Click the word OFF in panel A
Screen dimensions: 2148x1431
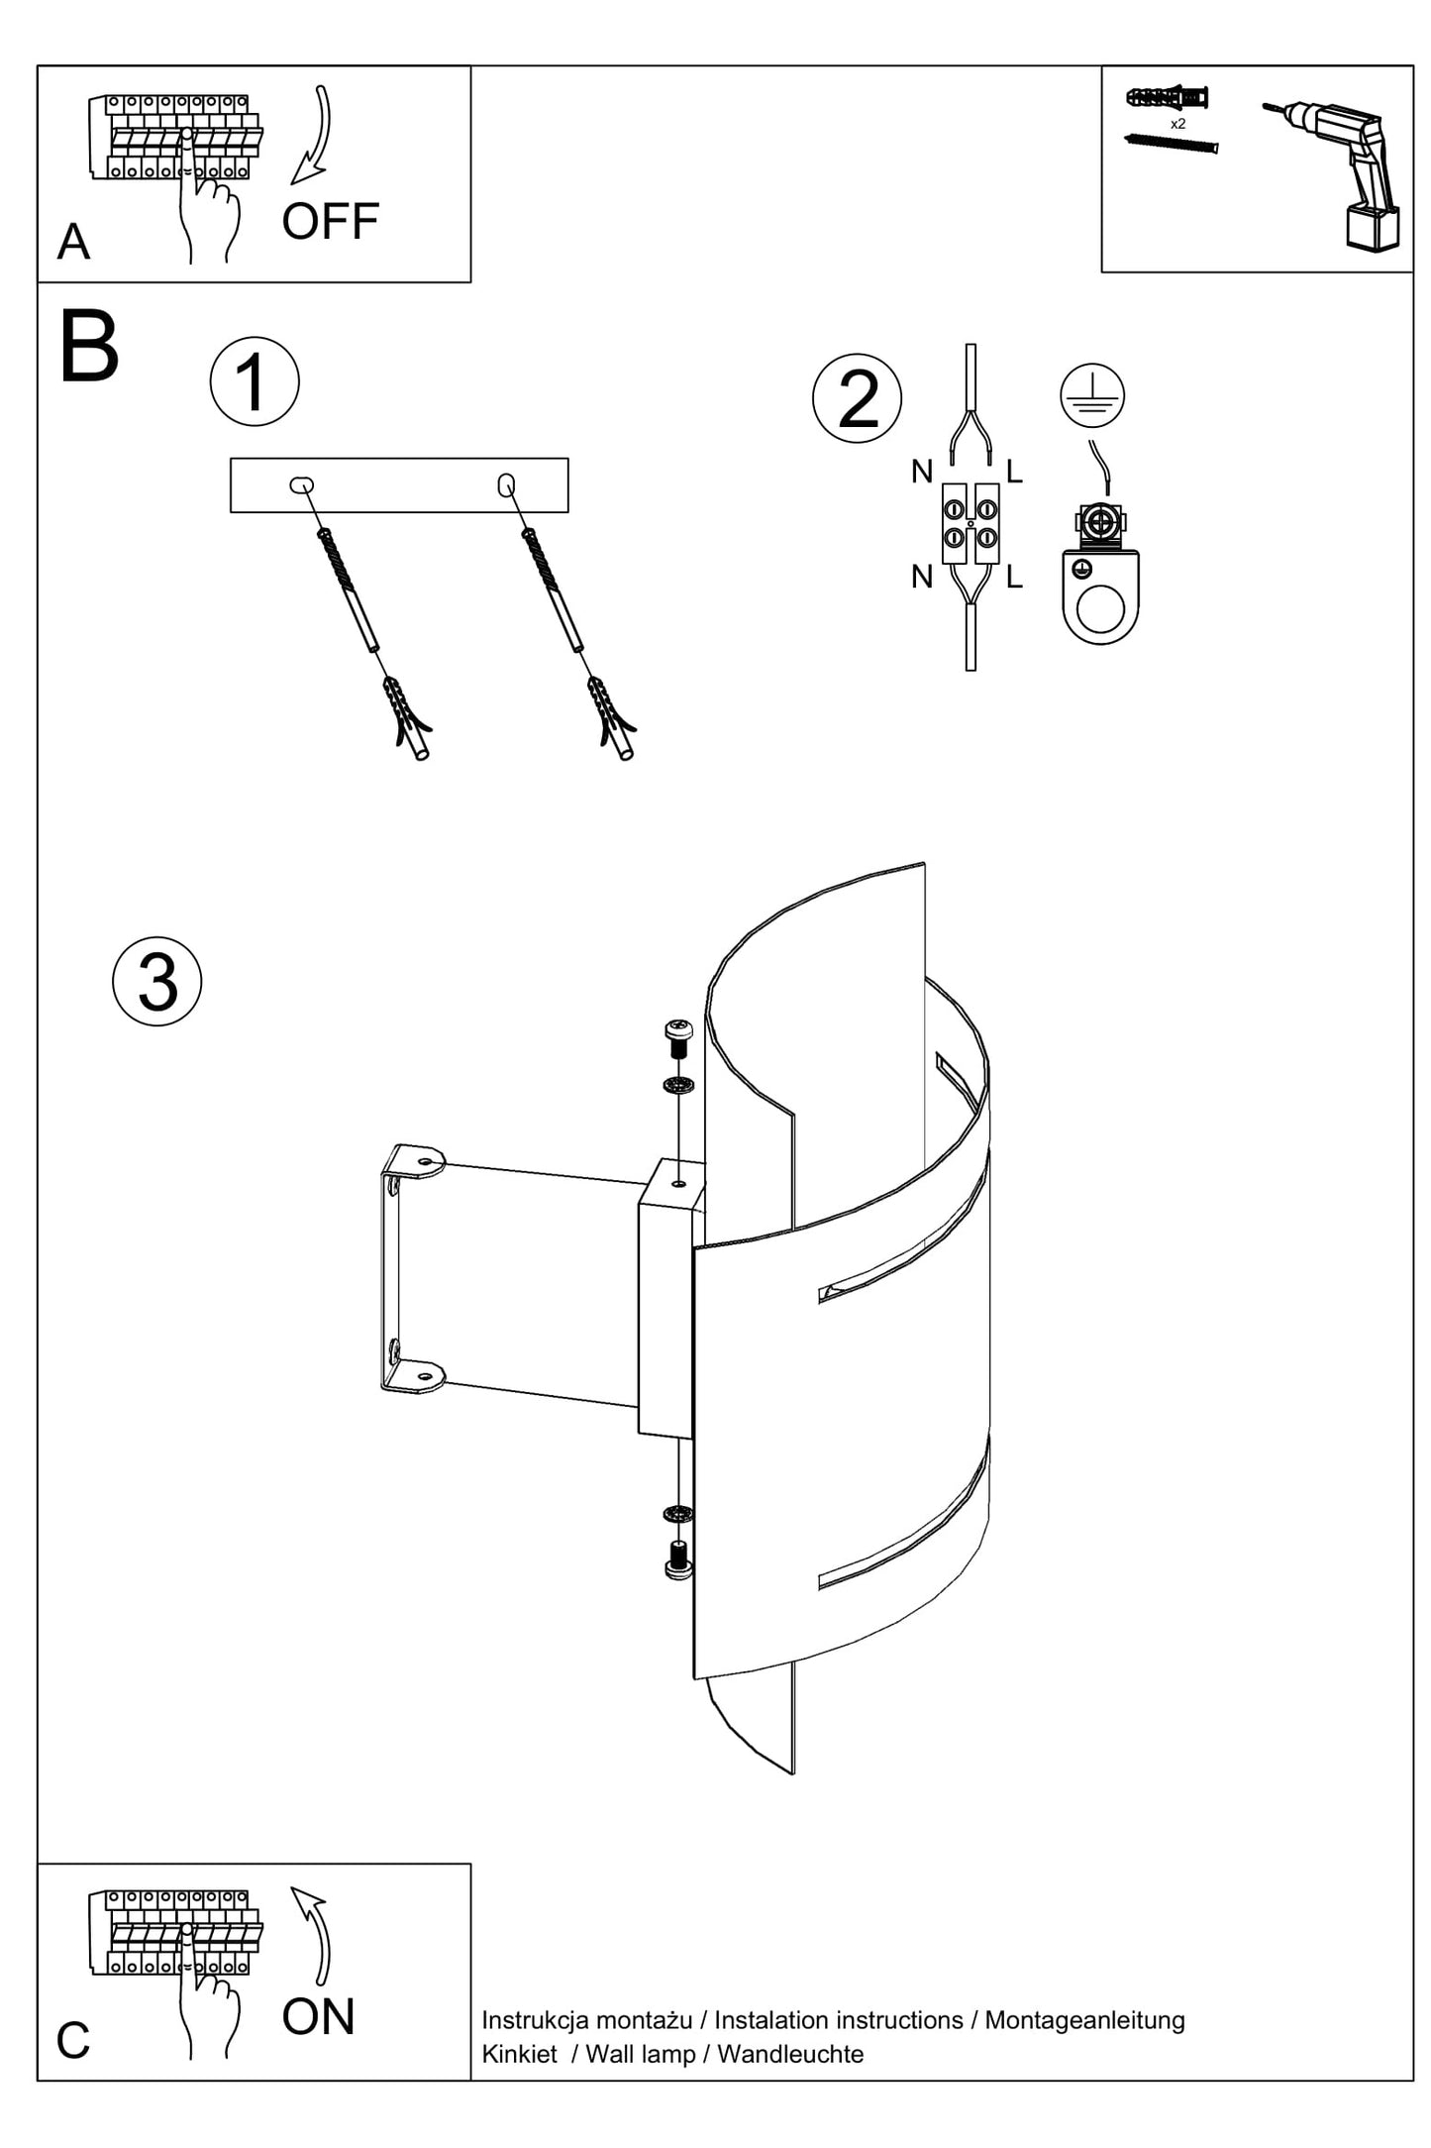(x=330, y=222)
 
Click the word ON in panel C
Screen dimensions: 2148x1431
(x=318, y=2017)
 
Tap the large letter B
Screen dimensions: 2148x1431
(x=89, y=348)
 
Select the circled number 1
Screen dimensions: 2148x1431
(x=255, y=382)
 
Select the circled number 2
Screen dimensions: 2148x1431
(x=857, y=398)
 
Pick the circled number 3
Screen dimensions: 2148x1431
(x=157, y=982)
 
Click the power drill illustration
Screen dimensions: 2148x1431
(x=1342, y=174)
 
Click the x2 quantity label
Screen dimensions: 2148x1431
(x=1177, y=124)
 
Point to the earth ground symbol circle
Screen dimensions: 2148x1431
(x=1092, y=395)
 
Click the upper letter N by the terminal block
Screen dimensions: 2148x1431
(x=922, y=473)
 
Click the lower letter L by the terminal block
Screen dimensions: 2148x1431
(x=1014, y=577)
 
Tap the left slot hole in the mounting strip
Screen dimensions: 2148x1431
(x=302, y=485)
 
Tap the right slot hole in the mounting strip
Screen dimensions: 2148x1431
(x=506, y=484)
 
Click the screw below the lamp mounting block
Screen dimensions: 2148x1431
(x=678, y=1559)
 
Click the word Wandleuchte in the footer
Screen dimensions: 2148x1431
(x=790, y=2054)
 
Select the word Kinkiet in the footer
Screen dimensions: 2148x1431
(x=519, y=2054)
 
